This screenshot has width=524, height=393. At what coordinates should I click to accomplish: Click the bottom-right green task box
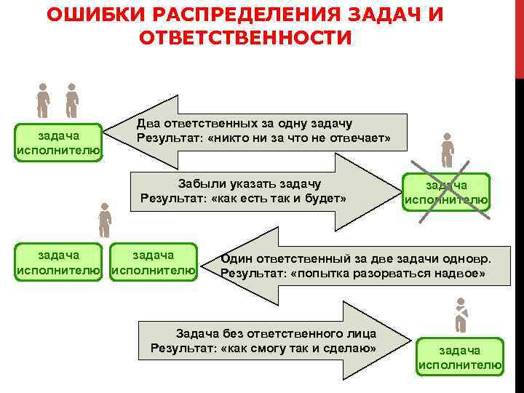click(x=459, y=357)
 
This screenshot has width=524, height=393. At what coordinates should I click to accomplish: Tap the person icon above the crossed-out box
click(x=447, y=150)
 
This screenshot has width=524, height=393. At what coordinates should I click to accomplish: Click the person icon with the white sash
click(x=460, y=316)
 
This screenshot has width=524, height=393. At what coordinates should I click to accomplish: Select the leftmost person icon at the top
click(x=44, y=100)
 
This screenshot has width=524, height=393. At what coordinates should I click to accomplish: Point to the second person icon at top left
click(x=71, y=100)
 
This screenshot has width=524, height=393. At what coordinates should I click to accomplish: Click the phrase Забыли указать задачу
click(x=250, y=183)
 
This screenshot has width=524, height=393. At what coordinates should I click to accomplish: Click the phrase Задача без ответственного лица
click(x=276, y=333)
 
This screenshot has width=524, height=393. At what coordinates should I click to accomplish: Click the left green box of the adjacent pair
click(x=59, y=263)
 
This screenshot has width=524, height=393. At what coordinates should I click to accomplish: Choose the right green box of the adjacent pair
click(x=152, y=263)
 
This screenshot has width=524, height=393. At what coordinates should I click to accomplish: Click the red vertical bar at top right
click(x=519, y=36)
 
